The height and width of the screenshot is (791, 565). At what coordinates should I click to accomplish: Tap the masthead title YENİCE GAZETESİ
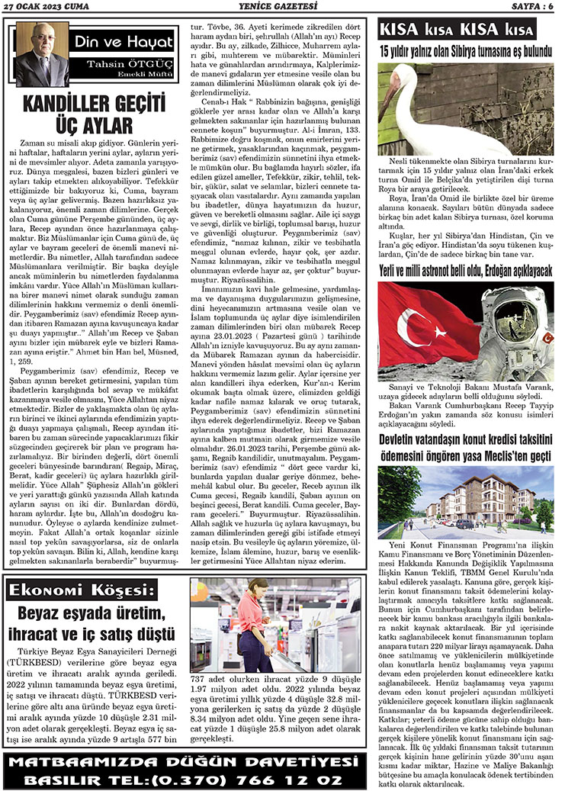point(281,6)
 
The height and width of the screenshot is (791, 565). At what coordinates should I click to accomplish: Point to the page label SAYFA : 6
point(529,6)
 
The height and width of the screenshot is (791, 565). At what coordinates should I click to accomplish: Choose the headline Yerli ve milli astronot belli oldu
point(467,292)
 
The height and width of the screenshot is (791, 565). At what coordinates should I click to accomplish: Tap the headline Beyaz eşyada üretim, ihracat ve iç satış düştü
point(95,624)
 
